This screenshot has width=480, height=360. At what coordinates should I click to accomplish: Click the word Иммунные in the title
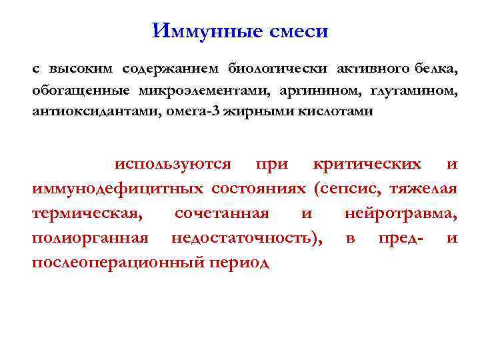point(199,31)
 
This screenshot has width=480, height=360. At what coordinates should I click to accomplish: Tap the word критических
point(367,164)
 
